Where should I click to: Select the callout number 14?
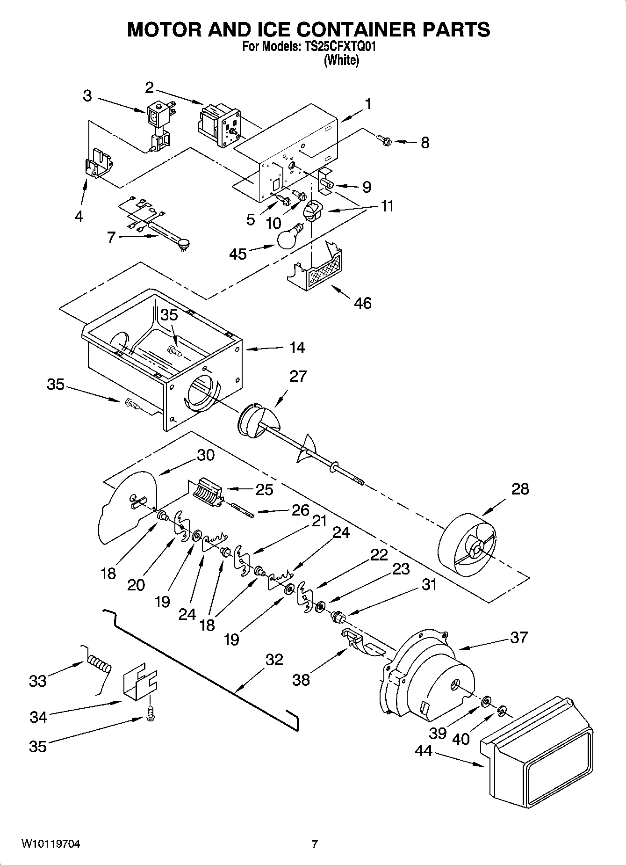click(x=297, y=348)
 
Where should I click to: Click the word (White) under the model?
click(x=341, y=61)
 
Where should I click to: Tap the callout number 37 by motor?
click(x=518, y=637)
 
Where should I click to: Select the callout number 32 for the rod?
click(x=274, y=660)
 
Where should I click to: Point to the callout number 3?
click(x=87, y=96)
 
